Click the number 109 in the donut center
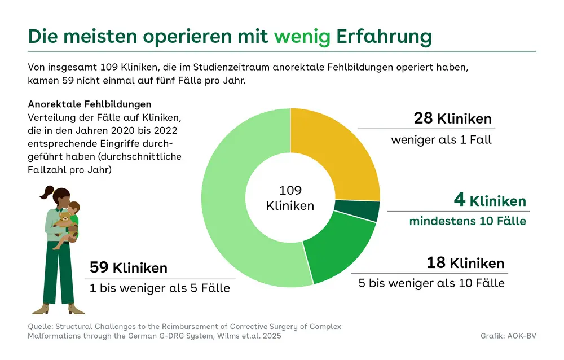[x=290, y=190]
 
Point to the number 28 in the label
[x=423, y=118]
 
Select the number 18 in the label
[x=437, y=263]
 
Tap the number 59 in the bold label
[x=99, y=267]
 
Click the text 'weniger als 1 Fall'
[x=441, y=139]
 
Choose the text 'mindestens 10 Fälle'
[x=468, y=221]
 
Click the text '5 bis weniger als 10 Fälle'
[x=431, y=283]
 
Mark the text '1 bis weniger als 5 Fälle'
[x=160, y=288]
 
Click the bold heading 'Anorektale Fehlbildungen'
[x=89, y=104]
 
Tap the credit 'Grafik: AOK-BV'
[x=508, y=336]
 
